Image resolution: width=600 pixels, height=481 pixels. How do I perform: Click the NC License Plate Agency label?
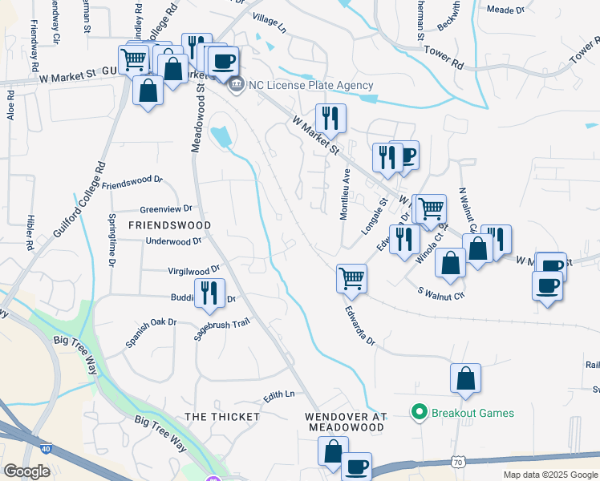coord(312,86)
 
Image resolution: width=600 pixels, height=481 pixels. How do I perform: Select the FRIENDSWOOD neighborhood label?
coord(169,225)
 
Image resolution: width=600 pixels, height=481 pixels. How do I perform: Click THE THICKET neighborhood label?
coord(222,417)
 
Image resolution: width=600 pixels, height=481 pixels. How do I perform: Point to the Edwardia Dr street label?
coord(360,325)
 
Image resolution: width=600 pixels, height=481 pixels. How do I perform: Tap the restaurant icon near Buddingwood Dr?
coord(210,293)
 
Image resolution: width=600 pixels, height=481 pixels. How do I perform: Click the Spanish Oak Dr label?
coord(150,333)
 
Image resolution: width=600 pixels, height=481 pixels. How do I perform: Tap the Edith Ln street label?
coord(279,395)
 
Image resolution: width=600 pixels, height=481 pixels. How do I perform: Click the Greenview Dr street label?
coord(166,208)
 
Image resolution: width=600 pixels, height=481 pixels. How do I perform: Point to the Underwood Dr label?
coord(172,240)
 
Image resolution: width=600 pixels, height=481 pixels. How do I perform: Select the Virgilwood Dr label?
coord(193,271)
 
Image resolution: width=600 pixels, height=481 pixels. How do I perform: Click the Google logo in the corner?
coord(26,471)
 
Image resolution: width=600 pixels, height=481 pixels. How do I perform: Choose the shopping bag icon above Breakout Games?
coord(465,378)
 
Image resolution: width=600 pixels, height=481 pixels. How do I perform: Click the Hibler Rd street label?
coord(30,230)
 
